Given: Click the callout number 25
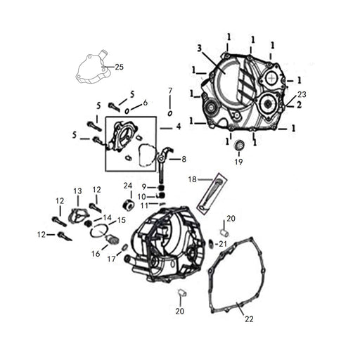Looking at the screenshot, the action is pos(119,67).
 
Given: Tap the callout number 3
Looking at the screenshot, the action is pos(199,49).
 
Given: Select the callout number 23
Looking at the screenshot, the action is pos(302,94).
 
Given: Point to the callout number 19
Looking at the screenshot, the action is pos(239,162).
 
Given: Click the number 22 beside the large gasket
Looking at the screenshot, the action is pos(249,319).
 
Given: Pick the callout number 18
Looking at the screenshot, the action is pos(192,179).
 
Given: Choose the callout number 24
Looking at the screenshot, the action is pos(128,186).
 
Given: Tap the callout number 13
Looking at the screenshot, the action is pos(77,191).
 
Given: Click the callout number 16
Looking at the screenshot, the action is pos(96,254).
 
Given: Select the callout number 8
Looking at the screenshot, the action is pos(184,160).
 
